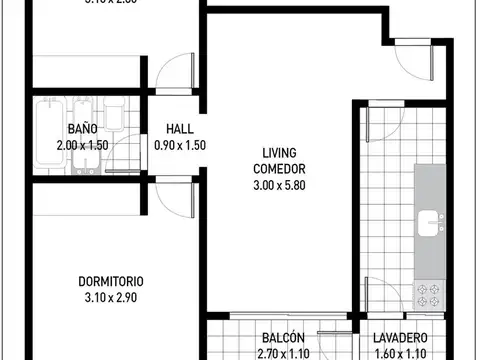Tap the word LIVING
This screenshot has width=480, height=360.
[x=278, y=153]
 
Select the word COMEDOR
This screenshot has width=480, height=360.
[x=278, y=169]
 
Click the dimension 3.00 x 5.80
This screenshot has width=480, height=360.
[x=278, y=185]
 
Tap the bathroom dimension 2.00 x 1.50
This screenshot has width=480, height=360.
[x=83, y=146]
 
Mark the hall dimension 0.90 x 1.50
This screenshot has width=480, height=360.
[x=180, y=146]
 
